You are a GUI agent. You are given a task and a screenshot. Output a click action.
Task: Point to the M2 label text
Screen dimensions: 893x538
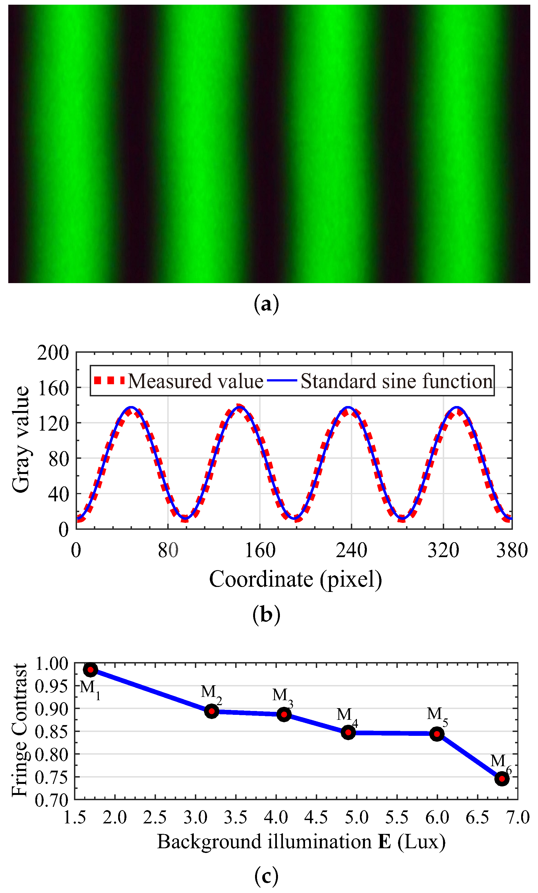211,692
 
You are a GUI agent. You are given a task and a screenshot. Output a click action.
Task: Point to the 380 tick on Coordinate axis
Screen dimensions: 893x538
512,550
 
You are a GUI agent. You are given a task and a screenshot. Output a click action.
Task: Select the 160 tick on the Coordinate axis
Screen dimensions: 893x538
260,550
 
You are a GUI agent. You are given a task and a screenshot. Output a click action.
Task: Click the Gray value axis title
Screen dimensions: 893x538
21,439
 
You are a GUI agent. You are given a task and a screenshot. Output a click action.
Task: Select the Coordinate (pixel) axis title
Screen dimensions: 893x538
295,579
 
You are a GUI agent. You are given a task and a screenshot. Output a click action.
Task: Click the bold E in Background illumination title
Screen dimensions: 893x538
385,842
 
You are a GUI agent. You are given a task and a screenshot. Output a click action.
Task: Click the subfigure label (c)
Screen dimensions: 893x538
266,876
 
